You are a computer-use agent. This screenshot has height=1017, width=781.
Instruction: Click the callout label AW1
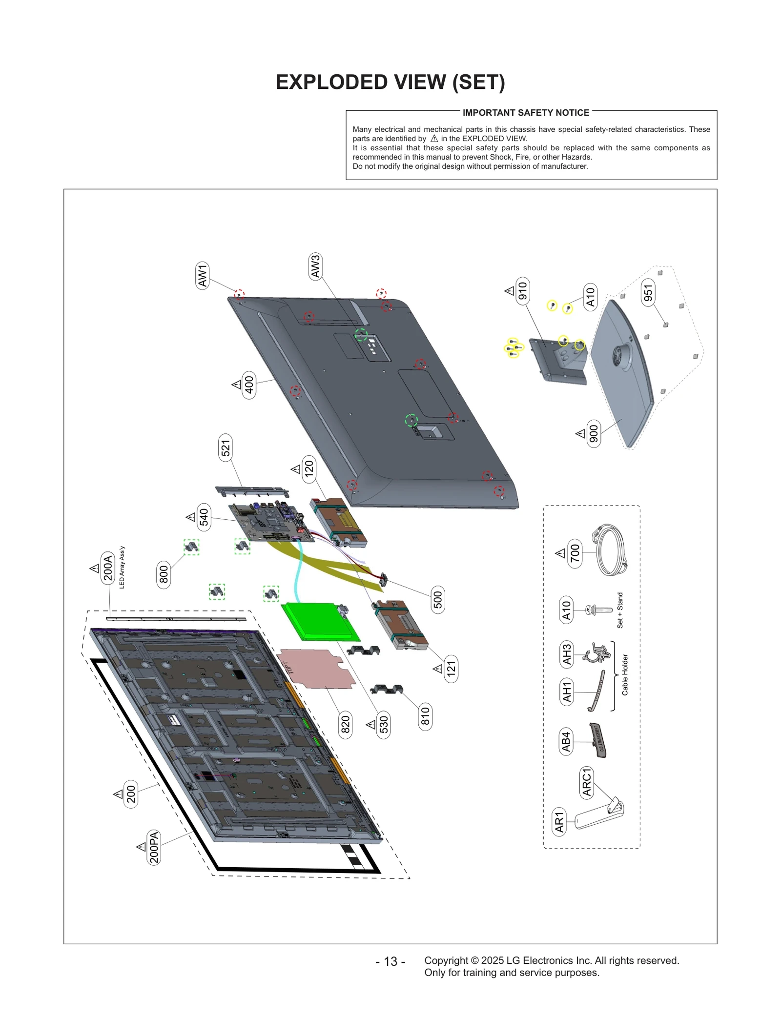coord(202,275)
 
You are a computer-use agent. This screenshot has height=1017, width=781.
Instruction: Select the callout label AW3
coord(315,266)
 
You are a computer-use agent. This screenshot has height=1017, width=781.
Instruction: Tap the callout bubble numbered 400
coord(249,385)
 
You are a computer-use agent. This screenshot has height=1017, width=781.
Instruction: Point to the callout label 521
coord(225,447)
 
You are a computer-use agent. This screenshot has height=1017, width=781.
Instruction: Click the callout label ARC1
coord(586,782)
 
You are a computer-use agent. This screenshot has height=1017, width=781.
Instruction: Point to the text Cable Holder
coord(625,674)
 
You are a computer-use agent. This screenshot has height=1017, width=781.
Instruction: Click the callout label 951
coord(648,293)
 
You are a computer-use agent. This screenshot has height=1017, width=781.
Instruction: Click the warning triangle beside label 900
coord(580,433)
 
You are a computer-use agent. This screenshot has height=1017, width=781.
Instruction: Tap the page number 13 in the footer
coord(390,961)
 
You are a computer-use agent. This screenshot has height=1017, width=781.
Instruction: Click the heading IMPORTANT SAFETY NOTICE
coord(526,113)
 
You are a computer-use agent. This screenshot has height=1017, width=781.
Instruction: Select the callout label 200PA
coord(154,847)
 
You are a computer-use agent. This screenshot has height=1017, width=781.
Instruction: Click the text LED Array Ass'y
coord(122,567)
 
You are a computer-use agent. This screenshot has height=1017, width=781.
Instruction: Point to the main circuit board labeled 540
coord(271,522)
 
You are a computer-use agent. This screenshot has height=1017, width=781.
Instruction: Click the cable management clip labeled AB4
coord(599,740)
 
